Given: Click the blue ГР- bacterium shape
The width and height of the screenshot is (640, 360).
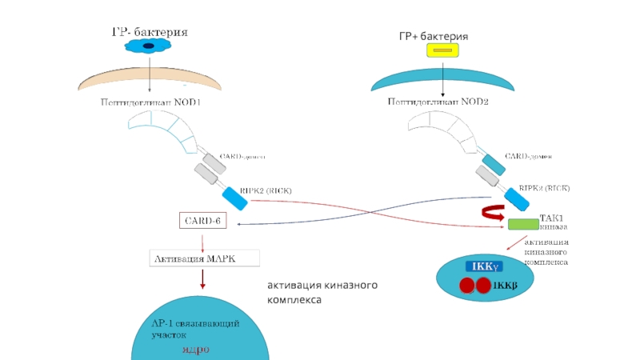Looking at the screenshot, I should click(149, 47).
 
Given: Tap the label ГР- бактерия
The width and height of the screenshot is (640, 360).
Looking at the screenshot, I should click(149, 32).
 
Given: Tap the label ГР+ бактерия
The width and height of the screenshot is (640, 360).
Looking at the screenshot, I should click(433, 37).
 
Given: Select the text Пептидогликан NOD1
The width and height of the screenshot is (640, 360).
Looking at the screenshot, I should click(150, 102).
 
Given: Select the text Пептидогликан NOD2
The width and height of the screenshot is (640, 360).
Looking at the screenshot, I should click(438, 102).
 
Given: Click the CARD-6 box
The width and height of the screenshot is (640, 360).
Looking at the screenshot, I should click(202, 220).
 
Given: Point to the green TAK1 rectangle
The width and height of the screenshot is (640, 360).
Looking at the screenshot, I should click(523, 224).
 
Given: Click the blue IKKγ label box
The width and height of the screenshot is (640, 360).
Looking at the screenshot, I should click(482, 266).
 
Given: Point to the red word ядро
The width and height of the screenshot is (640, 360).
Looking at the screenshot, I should click(196, 350).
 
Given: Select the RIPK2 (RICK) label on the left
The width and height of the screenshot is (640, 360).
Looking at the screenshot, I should click(266, 190).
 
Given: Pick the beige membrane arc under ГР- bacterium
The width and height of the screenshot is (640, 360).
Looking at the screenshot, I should click(150, 80).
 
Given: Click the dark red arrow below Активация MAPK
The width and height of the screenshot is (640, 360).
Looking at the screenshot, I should click(203, 278).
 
